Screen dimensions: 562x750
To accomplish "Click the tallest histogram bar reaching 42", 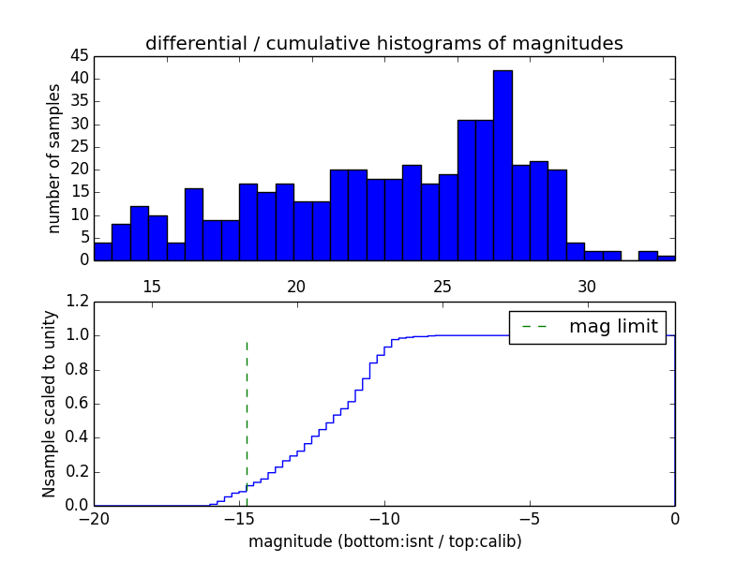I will (502, 165).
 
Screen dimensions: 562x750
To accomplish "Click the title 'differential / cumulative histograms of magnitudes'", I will (383, 43).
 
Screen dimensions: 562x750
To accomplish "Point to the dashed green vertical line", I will (247, 412).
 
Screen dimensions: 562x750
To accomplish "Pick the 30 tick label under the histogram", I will (587, 286).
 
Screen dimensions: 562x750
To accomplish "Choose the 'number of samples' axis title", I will (54, 157).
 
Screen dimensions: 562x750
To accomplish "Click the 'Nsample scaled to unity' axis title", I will (49, 404).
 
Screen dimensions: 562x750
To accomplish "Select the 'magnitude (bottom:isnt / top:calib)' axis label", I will (384, 541).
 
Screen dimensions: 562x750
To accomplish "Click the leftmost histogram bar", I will (103, 251).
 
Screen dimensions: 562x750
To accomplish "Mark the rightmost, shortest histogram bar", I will (667, 258).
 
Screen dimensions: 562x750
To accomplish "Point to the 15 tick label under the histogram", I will (152, 286).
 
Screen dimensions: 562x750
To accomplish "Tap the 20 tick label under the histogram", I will (297, 286).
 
